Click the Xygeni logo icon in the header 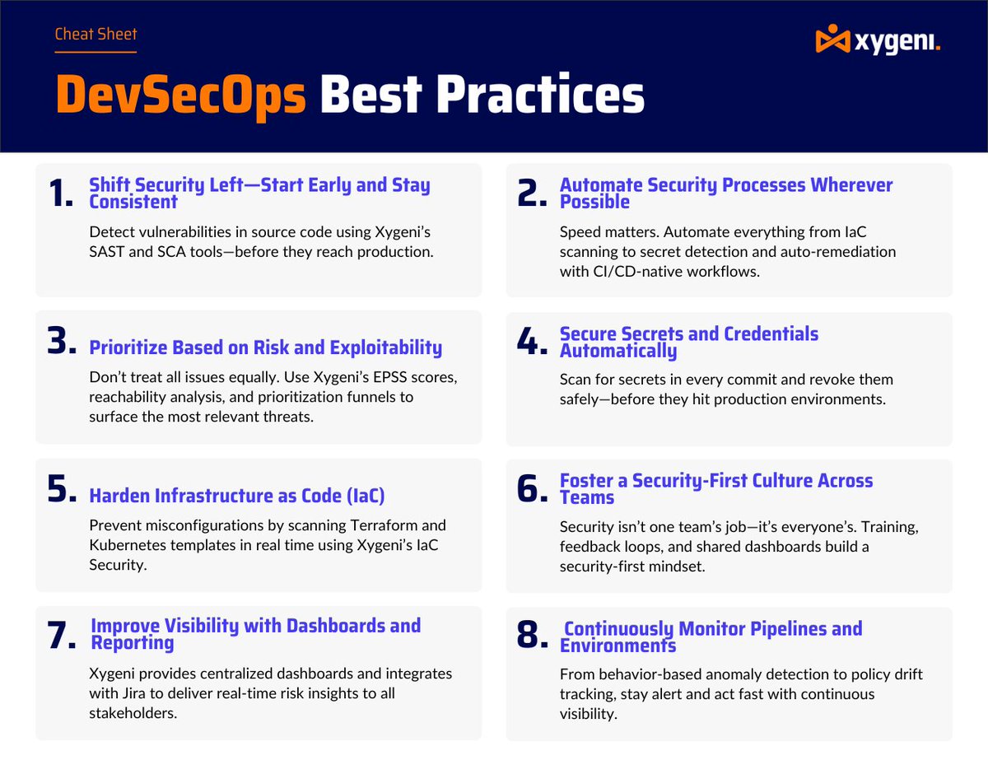pyautogui.click(x=832, y=39)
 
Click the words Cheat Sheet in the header pyautogui.click(x=96, y=35)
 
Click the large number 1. pyautogui.click(x=61, y=193)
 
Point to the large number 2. pyautogui.click(x=532, y=193)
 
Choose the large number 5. pyautogui.click(x=63, y=490)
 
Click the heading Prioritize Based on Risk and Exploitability pyautogui.click(x=265, y=347)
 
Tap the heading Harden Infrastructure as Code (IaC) pyautogui.click(x=237, y=496)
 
